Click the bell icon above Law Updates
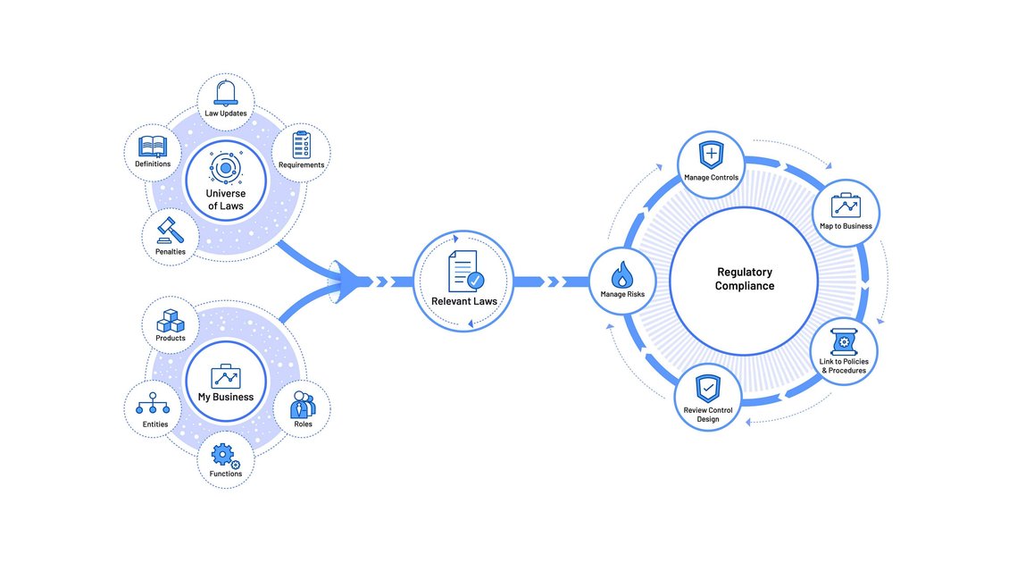pyautogui.click(x=226, y=93)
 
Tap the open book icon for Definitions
pyautogui.click(x=153, y=147)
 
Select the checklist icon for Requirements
pyautogui.click(x=302, y=145)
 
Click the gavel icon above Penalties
pyautogui.click(x=170, y=231)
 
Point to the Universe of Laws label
pyautogui.click(x=226, y=199)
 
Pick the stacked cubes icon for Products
pyautogui.click(x=171, y=321)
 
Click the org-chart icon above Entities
pyautogui.click(x=153, y=404)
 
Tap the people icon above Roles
pyautogui.click(x=303, y=404)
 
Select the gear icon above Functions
pyautogui.click(x=225, y=456)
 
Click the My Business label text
pyautogui.click(x=226, y=397)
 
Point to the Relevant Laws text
pyautogui.click(x=463, y=301)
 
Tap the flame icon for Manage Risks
pyautogui.click(x=622, y=274)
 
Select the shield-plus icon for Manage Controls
pyautogui.click(x=712, y=155)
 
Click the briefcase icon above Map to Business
pyautogui.click(x=846, y=206)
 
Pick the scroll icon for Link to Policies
pyautogui.click(x=844, y=342)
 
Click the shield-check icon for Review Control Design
pyautogui.click(x=708, y=389)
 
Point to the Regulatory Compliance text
pyautogui.click(x=745, y=279)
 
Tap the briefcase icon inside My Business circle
pyautogui.click(x=226, y=377)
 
